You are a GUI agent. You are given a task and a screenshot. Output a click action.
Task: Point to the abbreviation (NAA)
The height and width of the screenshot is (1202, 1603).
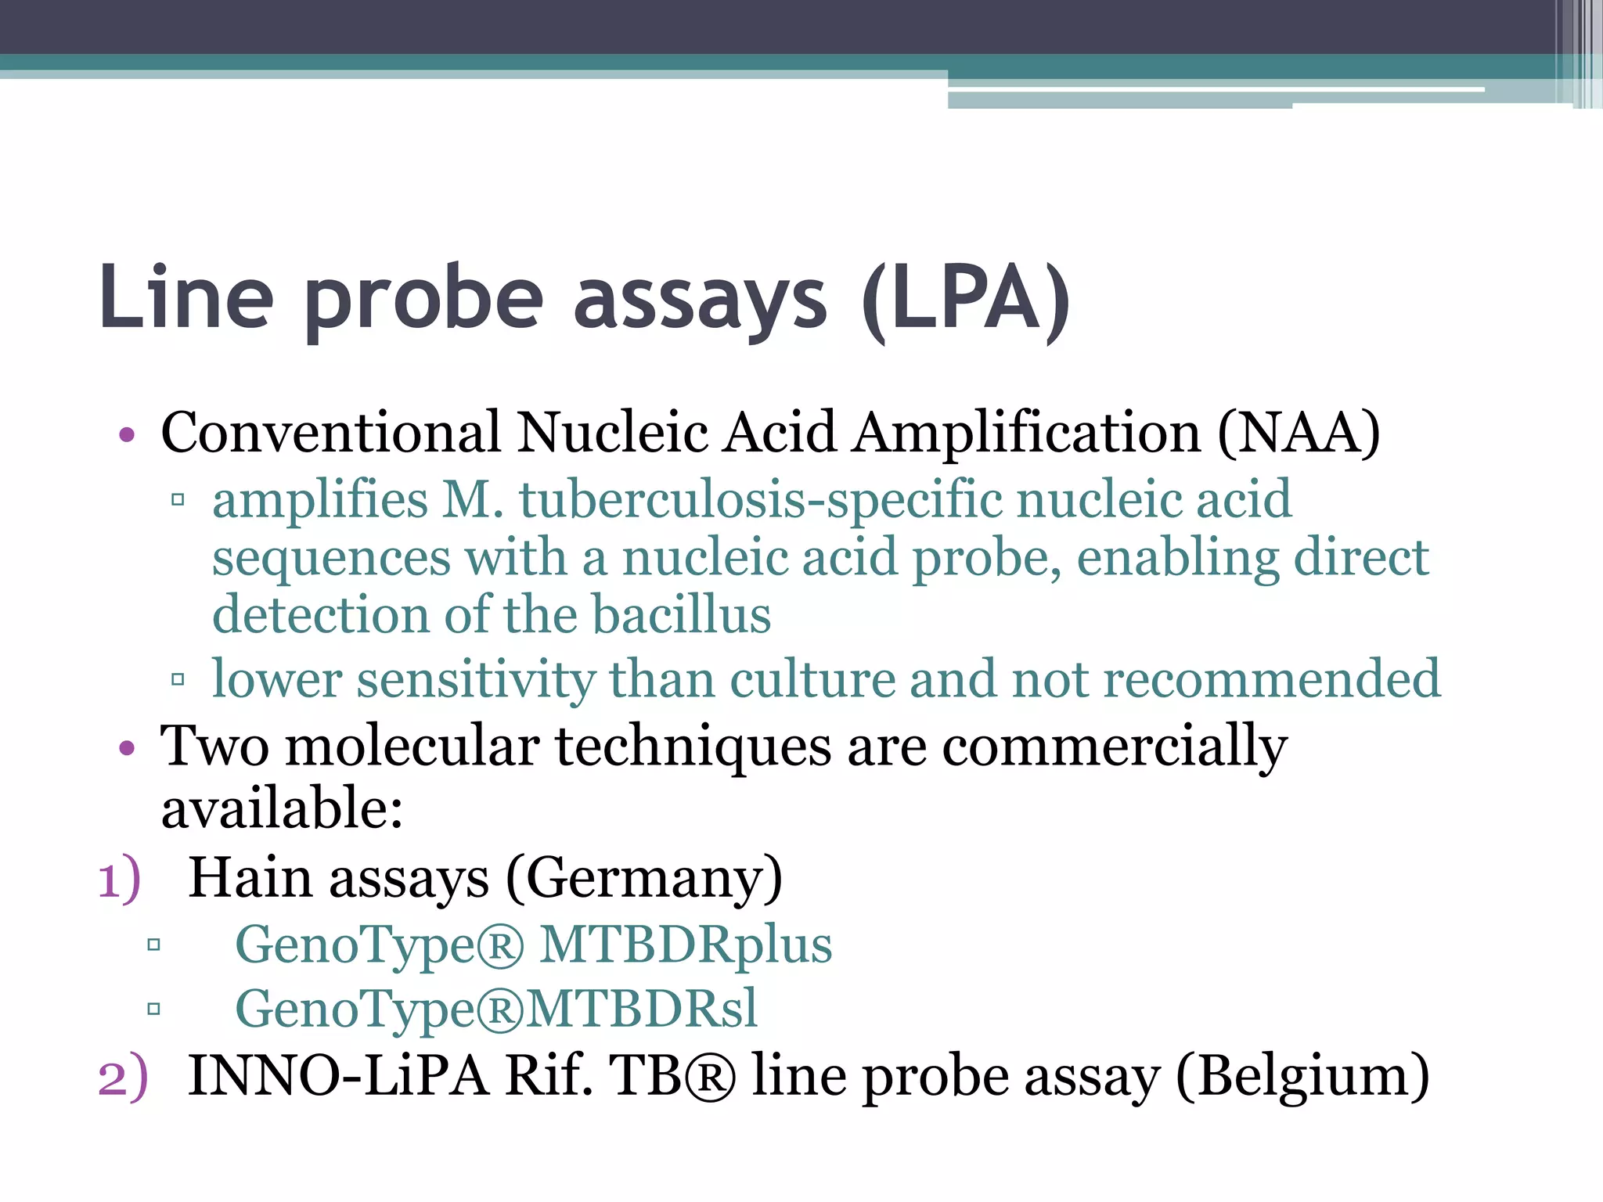point(1299,433)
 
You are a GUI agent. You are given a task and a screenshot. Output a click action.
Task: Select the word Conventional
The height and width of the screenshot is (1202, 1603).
point(330,433)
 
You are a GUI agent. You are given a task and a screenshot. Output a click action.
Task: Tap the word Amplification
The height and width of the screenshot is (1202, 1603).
point(1027,433)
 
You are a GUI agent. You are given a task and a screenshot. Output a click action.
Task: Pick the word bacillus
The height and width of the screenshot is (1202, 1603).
point(681,614)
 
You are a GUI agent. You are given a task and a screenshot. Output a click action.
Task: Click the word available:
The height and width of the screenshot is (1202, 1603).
point(282,809)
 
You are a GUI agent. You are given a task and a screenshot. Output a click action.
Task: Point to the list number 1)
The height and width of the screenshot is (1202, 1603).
point(120,879)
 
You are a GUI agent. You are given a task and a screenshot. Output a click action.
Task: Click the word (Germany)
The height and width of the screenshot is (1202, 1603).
point(644,879)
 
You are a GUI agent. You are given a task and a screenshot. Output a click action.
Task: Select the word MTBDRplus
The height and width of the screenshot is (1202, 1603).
point(686,945)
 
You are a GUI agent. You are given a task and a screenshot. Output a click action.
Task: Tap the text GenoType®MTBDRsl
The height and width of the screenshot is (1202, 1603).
point(496,1009)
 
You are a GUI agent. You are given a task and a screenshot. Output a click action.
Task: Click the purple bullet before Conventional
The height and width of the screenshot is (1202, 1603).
point(127,434)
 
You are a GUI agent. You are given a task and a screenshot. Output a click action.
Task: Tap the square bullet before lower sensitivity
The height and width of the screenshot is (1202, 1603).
point(178,679)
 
